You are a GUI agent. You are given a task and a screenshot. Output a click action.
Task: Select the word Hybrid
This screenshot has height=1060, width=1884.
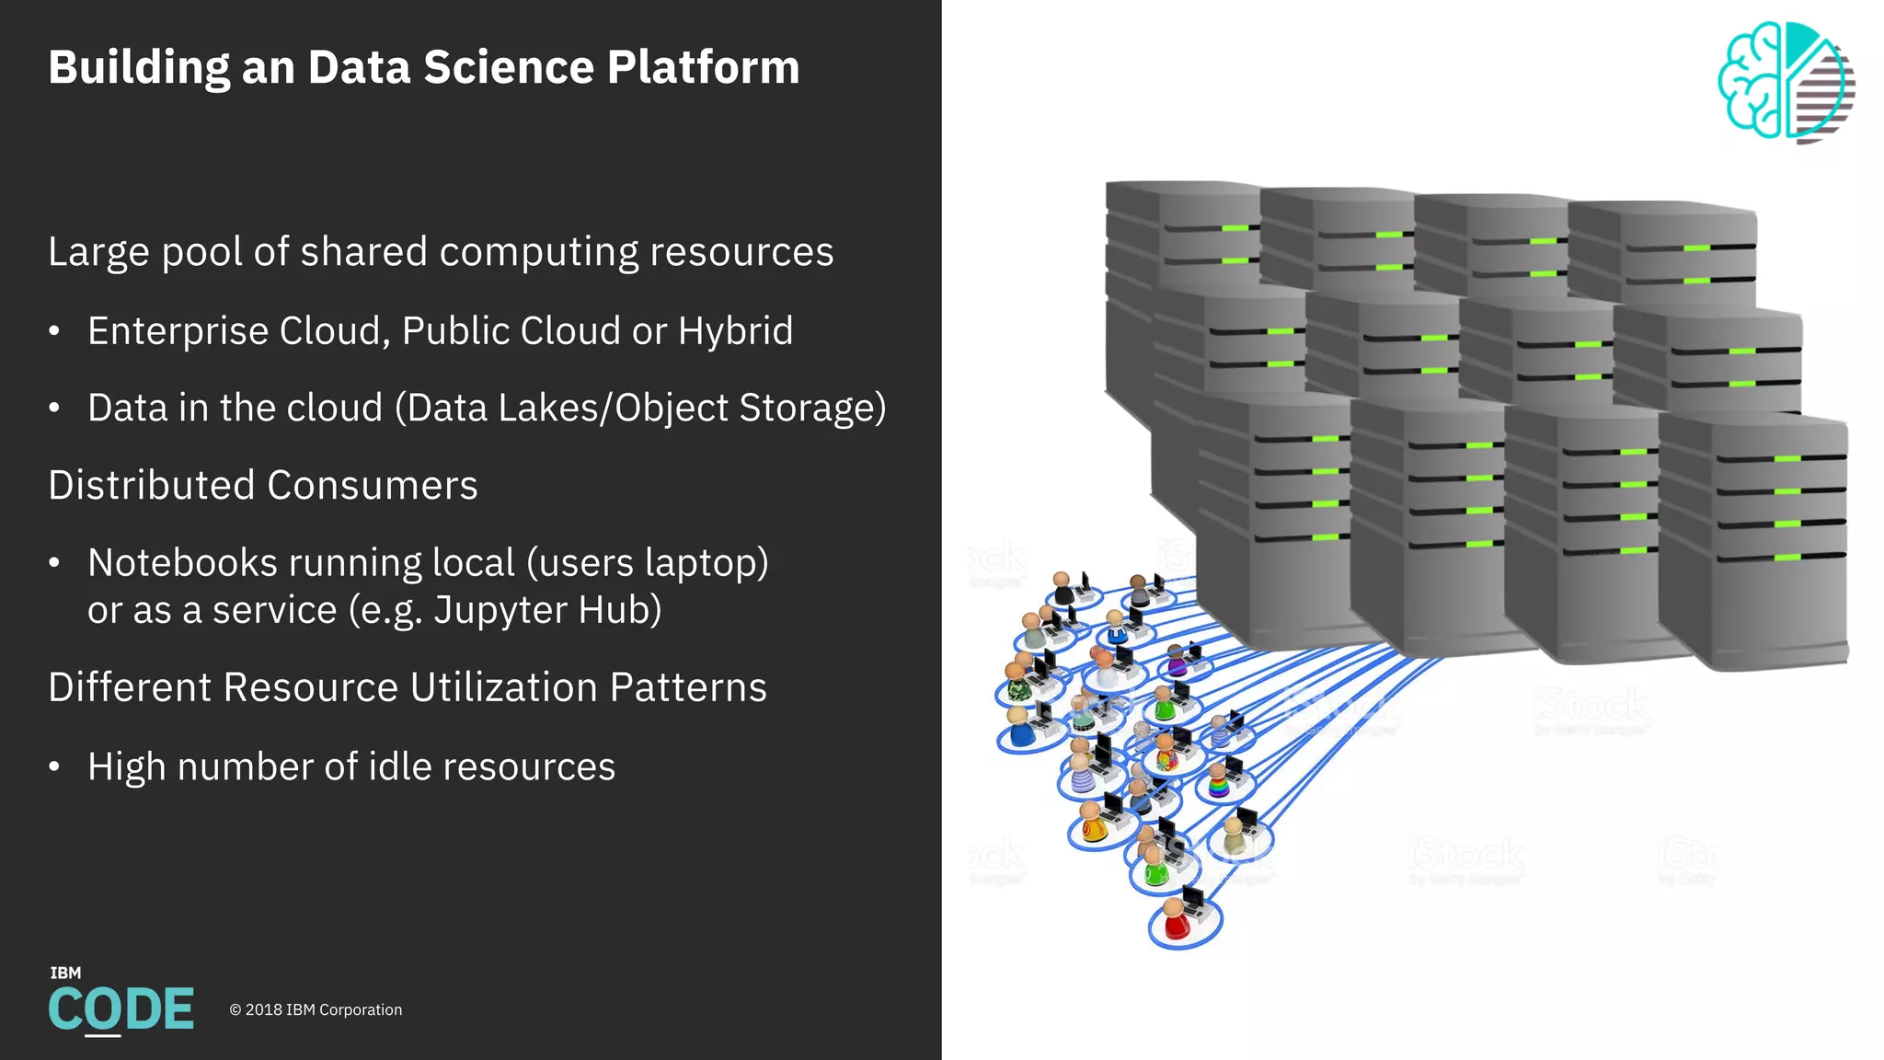point(735,331)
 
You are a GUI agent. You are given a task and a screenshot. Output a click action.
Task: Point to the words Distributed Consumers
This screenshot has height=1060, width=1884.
point(263,486)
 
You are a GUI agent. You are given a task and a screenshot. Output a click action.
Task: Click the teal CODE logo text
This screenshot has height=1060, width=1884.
point(121,1009)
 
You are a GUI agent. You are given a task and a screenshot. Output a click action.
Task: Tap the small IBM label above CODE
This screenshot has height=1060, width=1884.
point(65,973)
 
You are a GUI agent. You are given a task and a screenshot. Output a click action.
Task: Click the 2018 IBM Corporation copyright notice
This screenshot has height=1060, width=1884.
point(316,1009)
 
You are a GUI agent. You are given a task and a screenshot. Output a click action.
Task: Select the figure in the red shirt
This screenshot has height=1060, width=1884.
point(1175,920)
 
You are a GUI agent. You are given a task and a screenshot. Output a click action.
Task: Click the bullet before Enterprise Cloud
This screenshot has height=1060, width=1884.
point(54,331)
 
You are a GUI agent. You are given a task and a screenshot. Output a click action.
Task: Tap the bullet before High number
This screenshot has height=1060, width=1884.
point(54,766)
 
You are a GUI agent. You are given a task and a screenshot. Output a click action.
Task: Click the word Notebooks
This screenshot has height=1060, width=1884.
point(182,562)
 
